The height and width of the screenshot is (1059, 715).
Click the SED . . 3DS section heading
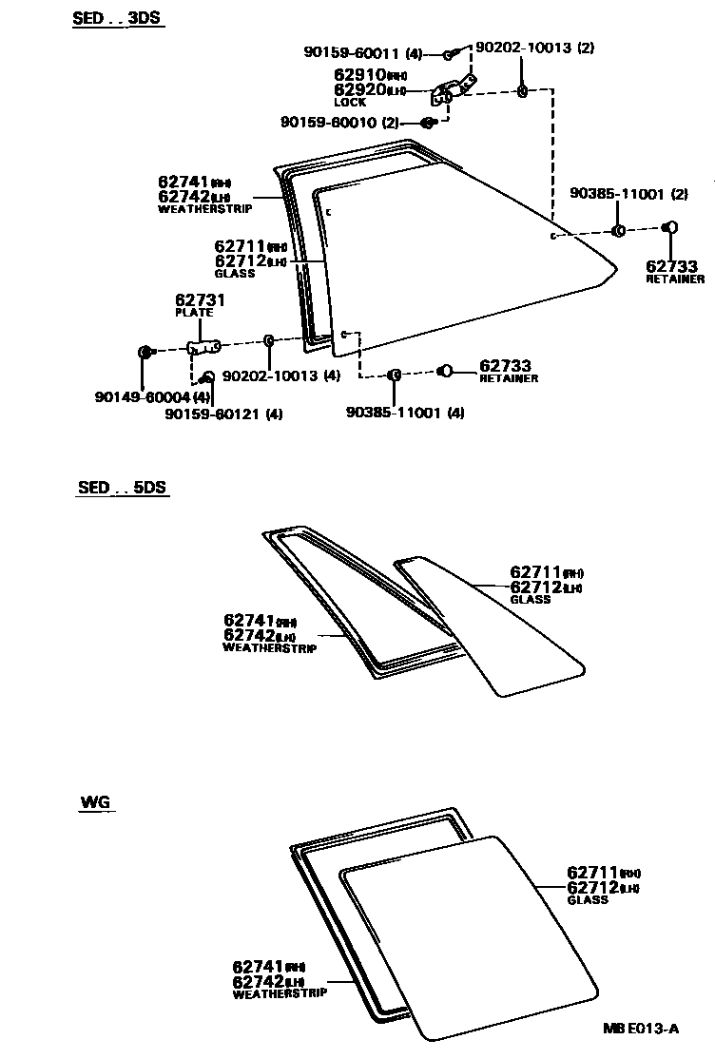pos(118,18)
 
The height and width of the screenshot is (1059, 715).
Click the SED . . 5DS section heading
pos(122,488)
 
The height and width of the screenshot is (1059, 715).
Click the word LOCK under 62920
pos(350,102)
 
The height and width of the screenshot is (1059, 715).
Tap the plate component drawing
pos(203,347)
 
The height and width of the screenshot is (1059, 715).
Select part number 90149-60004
pos(144,397)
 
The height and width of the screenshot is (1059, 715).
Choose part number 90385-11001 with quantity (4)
pos(404,413)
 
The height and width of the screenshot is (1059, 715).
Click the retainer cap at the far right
pos(669,227)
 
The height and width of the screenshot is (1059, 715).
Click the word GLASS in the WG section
pos(587,899)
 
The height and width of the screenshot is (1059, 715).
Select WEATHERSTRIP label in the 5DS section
pos(269,648)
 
